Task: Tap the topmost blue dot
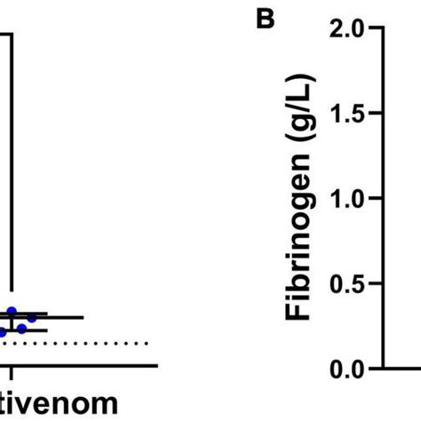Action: (12, 311)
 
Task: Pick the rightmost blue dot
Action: (33, 317)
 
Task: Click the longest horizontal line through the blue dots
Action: (44, 317)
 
